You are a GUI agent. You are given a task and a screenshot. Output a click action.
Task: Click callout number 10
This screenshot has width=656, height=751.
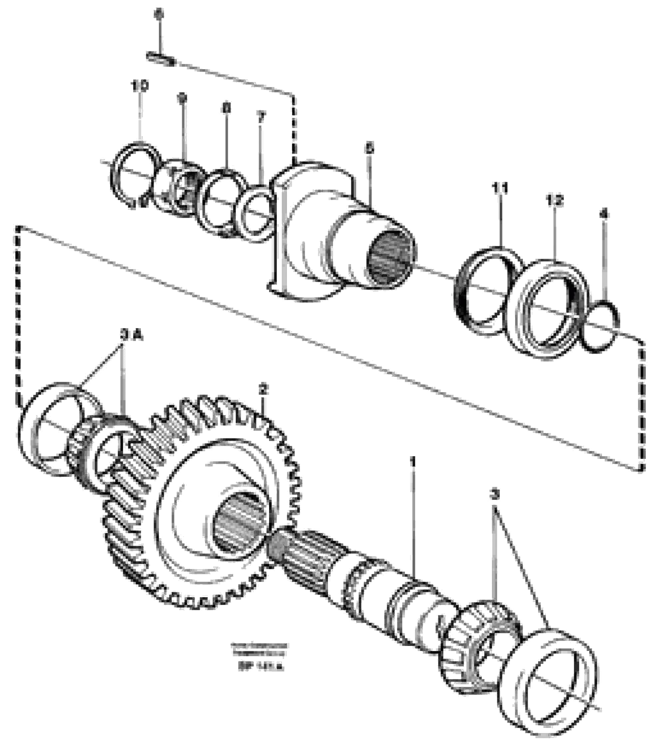(x=140, y=86)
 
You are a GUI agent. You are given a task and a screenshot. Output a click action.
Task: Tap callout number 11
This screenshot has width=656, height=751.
(x=500, y=189)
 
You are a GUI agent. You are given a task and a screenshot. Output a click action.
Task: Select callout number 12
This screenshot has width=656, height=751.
(x=554, y=200)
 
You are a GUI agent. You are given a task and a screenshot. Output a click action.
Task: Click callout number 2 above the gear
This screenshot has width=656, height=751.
(x=263, y=389)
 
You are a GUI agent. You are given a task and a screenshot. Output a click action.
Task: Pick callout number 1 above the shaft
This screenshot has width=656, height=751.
(x=413, y=461)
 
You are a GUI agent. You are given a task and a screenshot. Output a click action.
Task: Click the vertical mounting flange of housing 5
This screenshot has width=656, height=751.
(x=280, y=234)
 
